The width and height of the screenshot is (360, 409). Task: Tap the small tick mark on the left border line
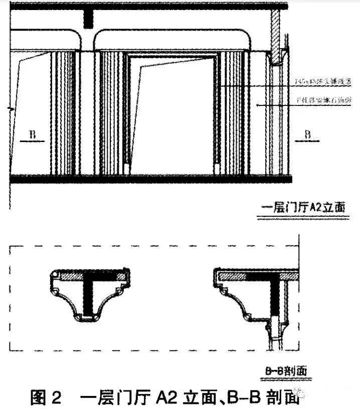[x=11, y=108]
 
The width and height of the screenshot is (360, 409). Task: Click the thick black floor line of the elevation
[x=150, y=179]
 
